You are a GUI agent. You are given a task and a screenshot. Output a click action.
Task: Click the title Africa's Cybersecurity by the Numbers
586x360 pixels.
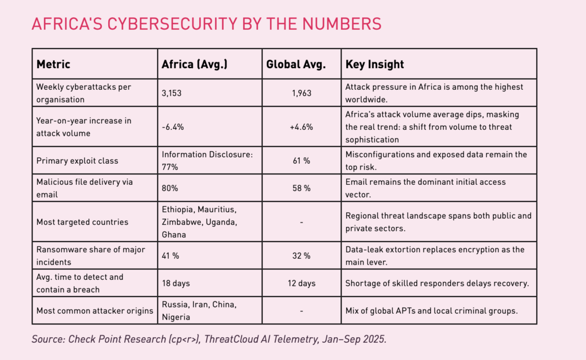[206, 24]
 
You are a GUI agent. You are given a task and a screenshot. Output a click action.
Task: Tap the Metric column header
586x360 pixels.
[53, 64]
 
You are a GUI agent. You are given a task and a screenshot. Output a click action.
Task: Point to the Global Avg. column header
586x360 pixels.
[296, 64]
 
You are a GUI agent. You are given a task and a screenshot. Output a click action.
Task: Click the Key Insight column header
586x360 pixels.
[375, 64]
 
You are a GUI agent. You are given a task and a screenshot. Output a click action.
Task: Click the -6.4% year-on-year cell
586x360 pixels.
[173, 127]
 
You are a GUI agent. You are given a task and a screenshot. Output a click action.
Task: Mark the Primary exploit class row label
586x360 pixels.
[77, 161]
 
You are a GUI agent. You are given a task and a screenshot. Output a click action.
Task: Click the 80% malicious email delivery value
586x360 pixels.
[171, 188]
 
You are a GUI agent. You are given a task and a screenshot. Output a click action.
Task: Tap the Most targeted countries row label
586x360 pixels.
[82, 221]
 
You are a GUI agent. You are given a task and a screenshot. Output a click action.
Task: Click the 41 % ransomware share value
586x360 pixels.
[171, 256]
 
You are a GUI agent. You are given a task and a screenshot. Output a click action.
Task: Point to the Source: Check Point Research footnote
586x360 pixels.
[209, 339]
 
